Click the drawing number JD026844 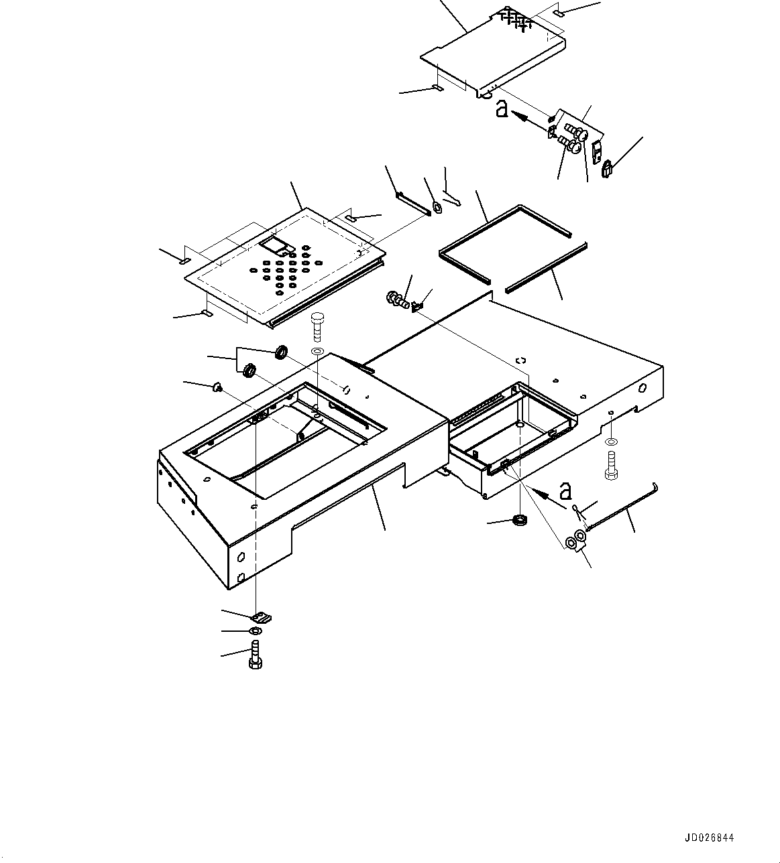click(x=710, y=838)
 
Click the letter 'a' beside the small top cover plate click(x=502, y=109)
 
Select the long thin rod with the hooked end click(x=620, y=510)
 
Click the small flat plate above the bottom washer click(x=261, y=616)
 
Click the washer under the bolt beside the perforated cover click(x=317, y=351)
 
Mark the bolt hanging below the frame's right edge click(x=610, y=466)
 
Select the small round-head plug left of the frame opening click(x=216, y=386)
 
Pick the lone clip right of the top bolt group click(x=608, y=169)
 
